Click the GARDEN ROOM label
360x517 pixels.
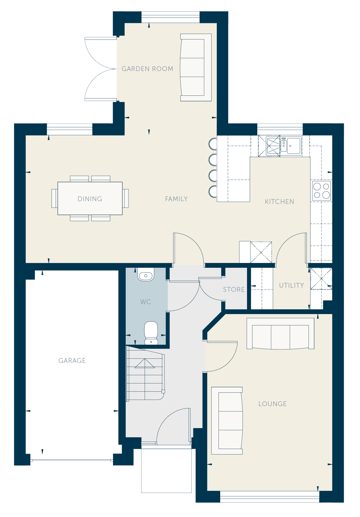[147, 69]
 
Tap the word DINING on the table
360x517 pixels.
[90, 199]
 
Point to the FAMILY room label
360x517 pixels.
[176, 199]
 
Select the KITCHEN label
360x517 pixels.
[279, 202]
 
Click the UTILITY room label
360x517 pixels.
[291, 286]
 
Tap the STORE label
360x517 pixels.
[234, 289]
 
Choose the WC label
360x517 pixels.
[146, 302]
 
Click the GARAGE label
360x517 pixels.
[72, 360]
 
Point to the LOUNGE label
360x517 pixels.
[272, 404]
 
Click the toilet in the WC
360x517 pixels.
[151, 333]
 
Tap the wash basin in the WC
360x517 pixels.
[146, 274]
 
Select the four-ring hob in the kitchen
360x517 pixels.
[322, 191]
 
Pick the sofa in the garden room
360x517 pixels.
[196, 67]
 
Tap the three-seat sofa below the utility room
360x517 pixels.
[280, 334]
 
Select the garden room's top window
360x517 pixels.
[170, 17]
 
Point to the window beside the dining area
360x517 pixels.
[69, 129]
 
